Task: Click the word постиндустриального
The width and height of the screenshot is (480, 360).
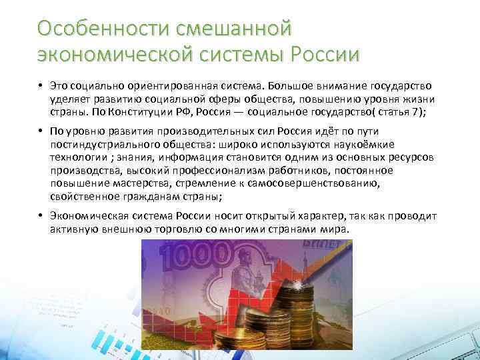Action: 101,145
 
